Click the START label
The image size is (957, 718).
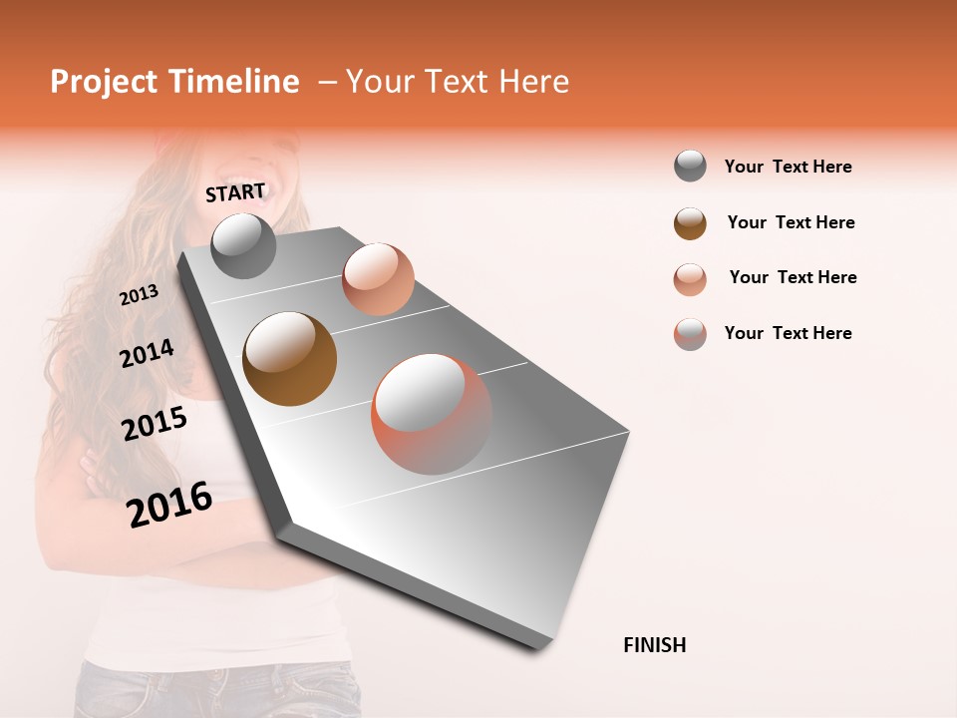tap(235, 192)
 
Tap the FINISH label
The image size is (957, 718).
tap(654, 645)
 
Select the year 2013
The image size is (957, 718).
tap(139, 295)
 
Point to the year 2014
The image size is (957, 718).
tap(147, 353)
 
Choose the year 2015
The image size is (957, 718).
tap(155, 424)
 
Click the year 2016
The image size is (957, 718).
tap(169, 504)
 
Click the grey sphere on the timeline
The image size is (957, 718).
tap(244, 245)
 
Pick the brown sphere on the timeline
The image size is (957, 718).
tap(290, 358)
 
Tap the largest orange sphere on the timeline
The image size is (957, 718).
tap(431, 414)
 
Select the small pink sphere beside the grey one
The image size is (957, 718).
tap(378, 278)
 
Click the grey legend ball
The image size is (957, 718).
tap(690, 167)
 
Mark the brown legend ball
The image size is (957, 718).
tap(690, 223)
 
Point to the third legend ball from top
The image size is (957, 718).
tap(690, 279)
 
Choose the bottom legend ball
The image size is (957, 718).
tap(690, 334)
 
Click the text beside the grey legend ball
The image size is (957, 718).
tap(788, 167)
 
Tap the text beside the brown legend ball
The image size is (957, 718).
tap(791, 222)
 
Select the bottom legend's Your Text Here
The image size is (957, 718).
tap(788, 333)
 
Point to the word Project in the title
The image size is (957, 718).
tap(103, 82)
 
